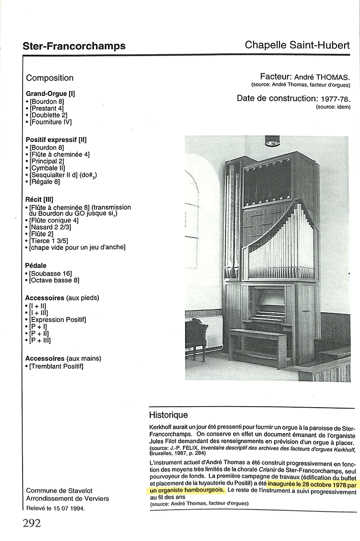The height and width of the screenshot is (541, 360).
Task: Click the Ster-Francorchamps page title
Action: pyautogui.click(x=74, y=46)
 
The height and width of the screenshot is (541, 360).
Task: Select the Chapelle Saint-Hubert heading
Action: pyautogui.click(x=297, y=45)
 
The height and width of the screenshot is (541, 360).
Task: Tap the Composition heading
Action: pyautogui.click(x=50, y=78)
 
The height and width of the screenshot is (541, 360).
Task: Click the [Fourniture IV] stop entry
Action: pyautogui.click(x=50, y=122)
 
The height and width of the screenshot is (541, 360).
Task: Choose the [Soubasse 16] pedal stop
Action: pyautogui.click(x=50, y=273)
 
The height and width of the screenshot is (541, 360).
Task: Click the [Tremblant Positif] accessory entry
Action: pyautogui.click(x=56, y=366)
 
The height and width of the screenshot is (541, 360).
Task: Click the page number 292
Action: pyautogui.click(x=32, y=522)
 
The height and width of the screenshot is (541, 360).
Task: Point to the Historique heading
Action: pyautogui.click(x=168, y=415)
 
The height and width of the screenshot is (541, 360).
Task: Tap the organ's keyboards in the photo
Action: pyautogui.click(x=267, y=312)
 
